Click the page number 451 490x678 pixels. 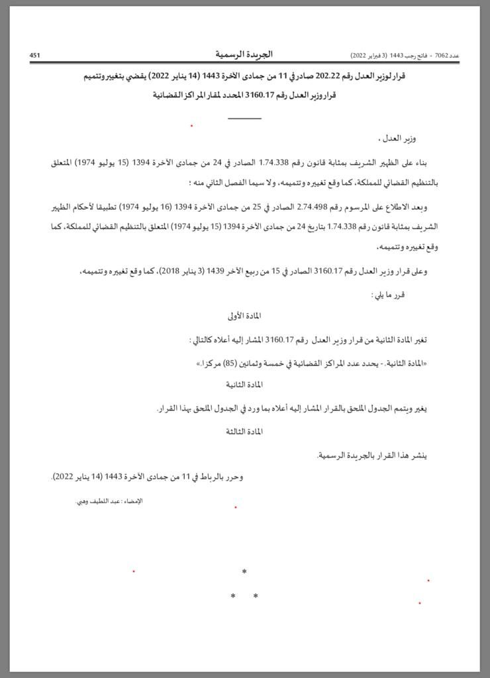pyautogui.click(x=35, y=56)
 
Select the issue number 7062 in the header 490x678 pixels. pyautogui.click(x=442, y=56)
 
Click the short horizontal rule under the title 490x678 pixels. pyautogui.click(x=244, y=119)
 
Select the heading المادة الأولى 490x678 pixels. pyautogui.click(x=245, y=316)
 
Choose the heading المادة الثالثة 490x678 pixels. pyautogui.click(x=244, y=431)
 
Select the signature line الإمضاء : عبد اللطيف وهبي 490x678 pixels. pyautogui.click(x=109, y=501)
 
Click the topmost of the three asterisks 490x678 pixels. pyautogui.click(x=244, y=571)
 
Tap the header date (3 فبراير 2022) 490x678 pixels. pyautogui.click(x=370, y=56)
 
